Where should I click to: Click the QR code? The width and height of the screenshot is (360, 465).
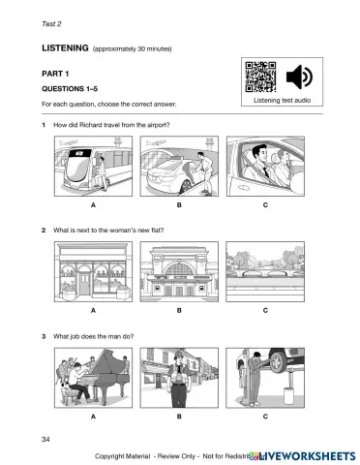[258, 77]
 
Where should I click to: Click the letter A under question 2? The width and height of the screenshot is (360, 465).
[93, 311]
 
